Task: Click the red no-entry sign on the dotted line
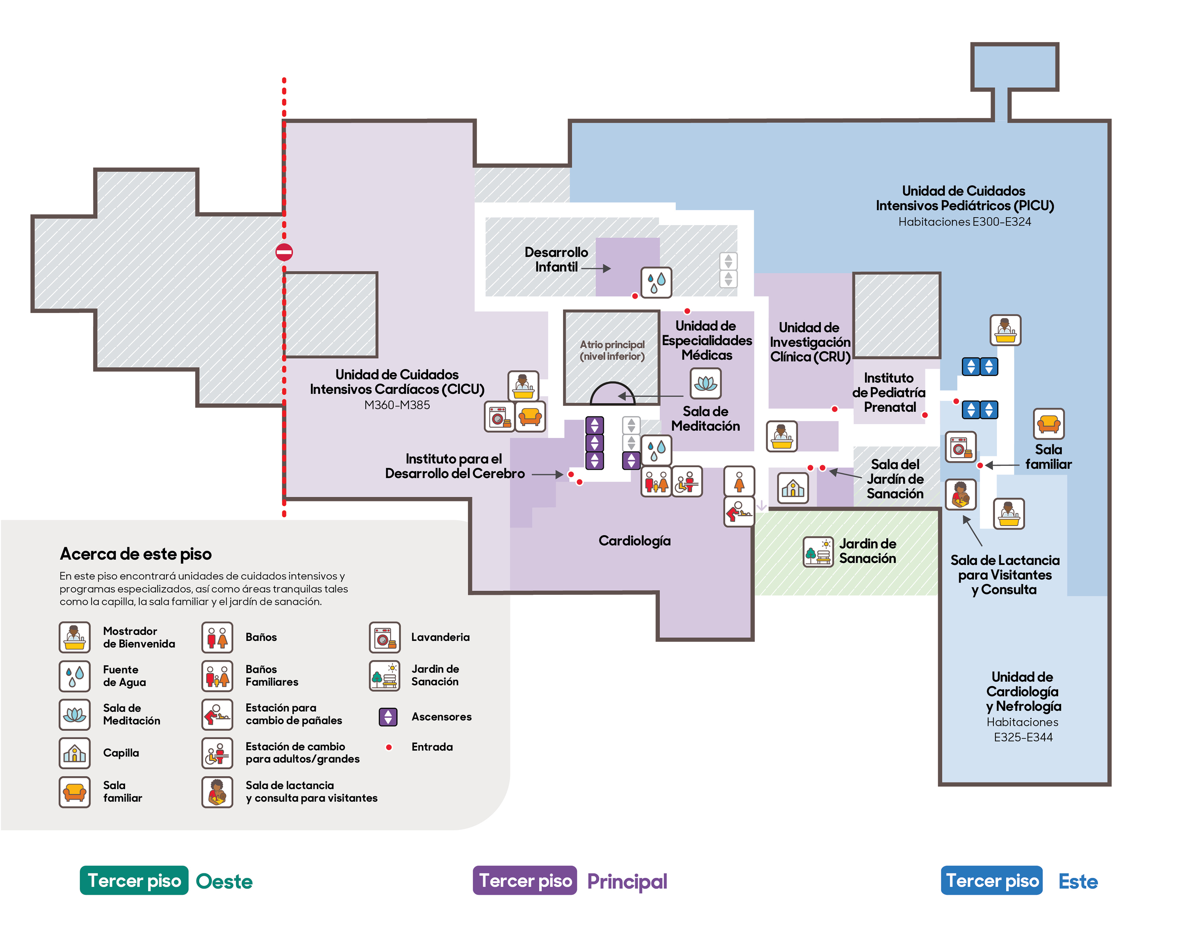click(284, 252)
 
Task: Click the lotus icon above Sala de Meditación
click(706, 383)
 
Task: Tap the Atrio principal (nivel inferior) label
click(612, 350)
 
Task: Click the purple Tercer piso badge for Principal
click(525, 880)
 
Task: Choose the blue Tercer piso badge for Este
click(992, 880)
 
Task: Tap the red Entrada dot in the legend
click(389, 747)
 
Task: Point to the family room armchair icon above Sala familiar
click(1049, 424)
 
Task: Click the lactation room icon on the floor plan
click(961, 494)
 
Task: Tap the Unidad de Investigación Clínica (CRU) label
click(810, 342)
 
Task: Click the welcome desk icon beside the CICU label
click(523, 386)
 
